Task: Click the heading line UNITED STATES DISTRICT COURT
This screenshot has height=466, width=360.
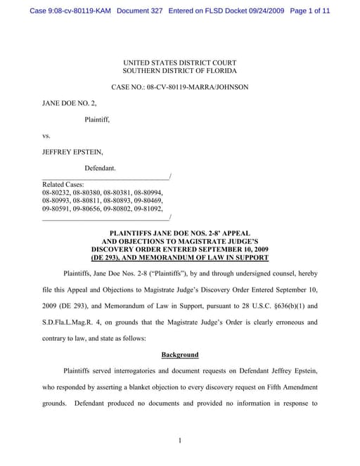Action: click(179, 63)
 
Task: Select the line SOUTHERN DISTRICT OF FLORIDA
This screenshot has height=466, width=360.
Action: click(179, 71)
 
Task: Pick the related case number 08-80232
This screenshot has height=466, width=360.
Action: click(56, 192)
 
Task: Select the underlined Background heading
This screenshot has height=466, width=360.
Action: click(180, 355)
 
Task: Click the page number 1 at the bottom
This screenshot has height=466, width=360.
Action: click(180, 441)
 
